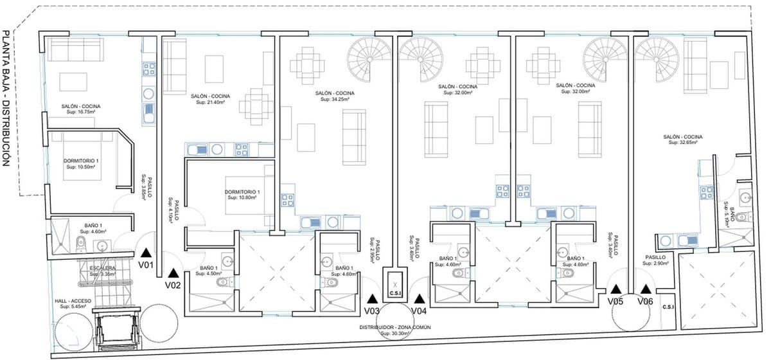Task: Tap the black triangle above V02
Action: (172, 273)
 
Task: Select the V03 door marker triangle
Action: (372, 298)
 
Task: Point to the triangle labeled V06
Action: (645, 290)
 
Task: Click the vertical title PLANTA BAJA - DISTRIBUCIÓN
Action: (7, 96)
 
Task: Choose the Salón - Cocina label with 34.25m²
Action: (335, 96)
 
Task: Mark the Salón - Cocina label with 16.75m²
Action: (81, 109)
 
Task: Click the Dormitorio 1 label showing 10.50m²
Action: (81, 163)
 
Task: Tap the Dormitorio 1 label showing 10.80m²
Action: (242, 195)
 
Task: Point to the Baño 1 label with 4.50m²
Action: (210, 270)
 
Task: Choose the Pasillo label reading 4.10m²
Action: (172, 209)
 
